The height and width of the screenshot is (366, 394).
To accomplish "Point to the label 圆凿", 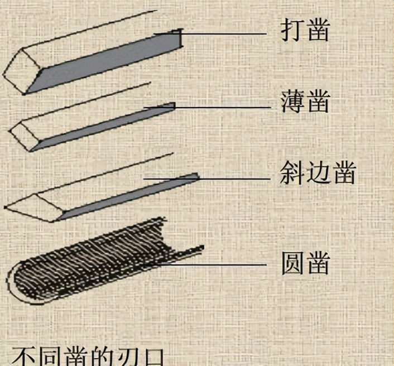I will (305, 262).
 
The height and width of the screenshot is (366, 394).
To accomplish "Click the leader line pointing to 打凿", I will (223, 34).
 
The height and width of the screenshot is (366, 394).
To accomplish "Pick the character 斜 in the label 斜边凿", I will (291, 174).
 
